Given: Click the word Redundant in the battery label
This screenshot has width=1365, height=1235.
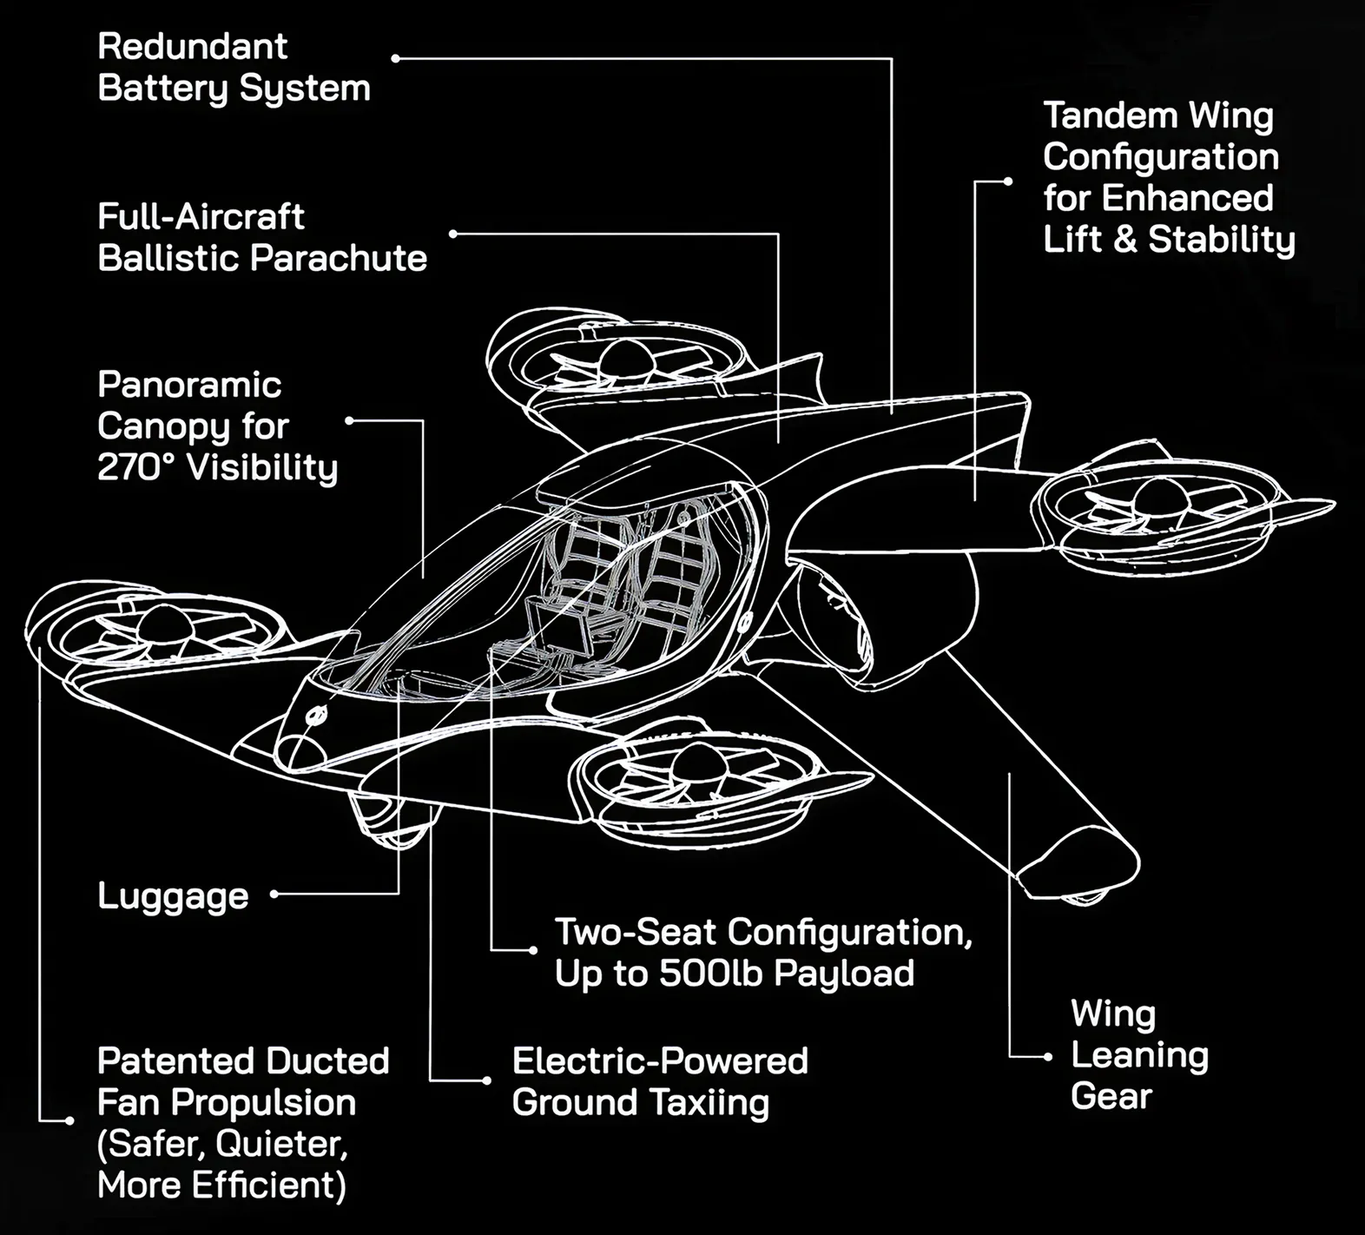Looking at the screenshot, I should (192, 46).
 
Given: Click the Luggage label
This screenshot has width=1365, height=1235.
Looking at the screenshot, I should (173, 895).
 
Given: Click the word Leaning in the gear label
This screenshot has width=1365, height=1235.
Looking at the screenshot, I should (1139, 1054).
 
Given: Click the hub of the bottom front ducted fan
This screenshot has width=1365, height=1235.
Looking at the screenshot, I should (700, 759).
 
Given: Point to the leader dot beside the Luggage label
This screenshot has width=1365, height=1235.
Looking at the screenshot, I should (274, 894).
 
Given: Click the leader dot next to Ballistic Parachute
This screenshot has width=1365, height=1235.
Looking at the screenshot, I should (453, 234).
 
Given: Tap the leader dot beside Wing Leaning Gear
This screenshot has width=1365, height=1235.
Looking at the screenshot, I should (1047, 1057).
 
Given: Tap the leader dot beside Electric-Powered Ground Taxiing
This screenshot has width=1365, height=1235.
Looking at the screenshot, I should (486, 1080).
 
